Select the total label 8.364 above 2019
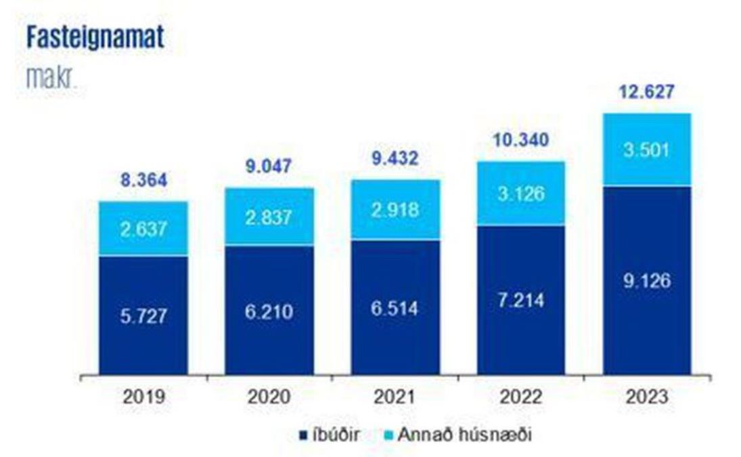click(143, 181)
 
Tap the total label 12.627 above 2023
click(648, 91)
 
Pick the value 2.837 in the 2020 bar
click(269, 217)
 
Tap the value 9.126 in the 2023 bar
click(648, 280)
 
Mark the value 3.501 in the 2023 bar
click(648, 150)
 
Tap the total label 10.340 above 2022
click(521, 141)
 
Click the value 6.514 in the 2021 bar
click(395, 308)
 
